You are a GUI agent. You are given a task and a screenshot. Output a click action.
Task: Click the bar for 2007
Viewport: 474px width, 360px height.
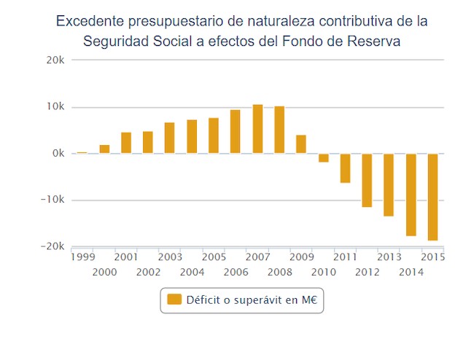(x=257, y=129)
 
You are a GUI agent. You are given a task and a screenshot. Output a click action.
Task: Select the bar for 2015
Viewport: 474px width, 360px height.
(x=433, y=197)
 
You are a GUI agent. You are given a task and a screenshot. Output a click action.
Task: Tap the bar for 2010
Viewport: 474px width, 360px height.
(x=323, y=157)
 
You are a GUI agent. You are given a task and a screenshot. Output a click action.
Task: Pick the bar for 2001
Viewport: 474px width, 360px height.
(x=126, y=143)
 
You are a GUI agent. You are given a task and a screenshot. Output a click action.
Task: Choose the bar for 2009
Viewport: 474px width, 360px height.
(x=301, y=144)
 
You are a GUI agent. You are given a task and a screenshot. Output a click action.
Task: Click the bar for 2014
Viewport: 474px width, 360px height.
(x=411, y=195)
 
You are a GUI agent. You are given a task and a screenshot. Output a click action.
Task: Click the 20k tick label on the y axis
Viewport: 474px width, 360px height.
(x=55, y=60)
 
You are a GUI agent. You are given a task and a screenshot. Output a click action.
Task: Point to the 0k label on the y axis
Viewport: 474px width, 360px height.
(x=59, y=154)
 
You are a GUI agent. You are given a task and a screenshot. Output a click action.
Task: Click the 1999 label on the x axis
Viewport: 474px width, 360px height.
(x=82, y=257)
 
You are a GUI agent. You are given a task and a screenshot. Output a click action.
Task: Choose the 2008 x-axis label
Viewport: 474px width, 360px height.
(x=279, y=272)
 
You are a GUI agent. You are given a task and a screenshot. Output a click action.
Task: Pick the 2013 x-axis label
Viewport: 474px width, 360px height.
(x=389, y=257)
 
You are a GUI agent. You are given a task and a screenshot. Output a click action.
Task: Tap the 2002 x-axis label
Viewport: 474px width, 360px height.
(x=148, y=272)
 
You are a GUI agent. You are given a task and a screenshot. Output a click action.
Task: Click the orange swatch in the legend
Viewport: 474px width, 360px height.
(x=174, y=300)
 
